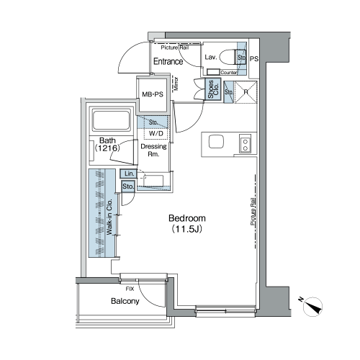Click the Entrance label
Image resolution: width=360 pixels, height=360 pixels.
click(x=168, y=61)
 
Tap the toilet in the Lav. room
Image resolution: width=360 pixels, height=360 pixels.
click(x=228, y=57)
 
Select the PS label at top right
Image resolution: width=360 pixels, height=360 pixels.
click(x=254, y=58)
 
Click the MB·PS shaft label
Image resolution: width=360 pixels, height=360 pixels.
click(x=153, y=94)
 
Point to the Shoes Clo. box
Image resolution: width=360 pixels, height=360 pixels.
click(x=213, y=89)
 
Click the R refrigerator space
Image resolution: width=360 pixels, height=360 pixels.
click(x=246, y=92)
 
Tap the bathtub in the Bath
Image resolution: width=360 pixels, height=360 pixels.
click(x=111, y=121)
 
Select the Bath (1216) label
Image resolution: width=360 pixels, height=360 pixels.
click(x=107, y=144)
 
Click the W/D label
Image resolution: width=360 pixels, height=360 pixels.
click(x=156, y=133)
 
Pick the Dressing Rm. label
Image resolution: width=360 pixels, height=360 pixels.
click(x=153, y=150)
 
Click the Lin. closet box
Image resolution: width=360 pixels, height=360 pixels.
click(x=129, y=174)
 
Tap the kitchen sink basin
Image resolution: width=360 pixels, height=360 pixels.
click(x=216, y=142)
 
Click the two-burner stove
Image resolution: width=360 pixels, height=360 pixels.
click(x=245, y=143)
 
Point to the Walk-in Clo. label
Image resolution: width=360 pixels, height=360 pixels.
click(x=109, y=217)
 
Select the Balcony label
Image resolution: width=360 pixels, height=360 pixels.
click(x=125, y=301)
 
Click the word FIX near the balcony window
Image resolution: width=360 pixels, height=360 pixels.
click(x=130, y=289)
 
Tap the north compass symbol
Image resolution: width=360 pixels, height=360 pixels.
click(x=312, y=306)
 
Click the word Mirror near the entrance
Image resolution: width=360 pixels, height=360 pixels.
click(x=176, y=84)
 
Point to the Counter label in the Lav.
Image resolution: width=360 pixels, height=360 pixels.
click(x=229, y=72)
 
